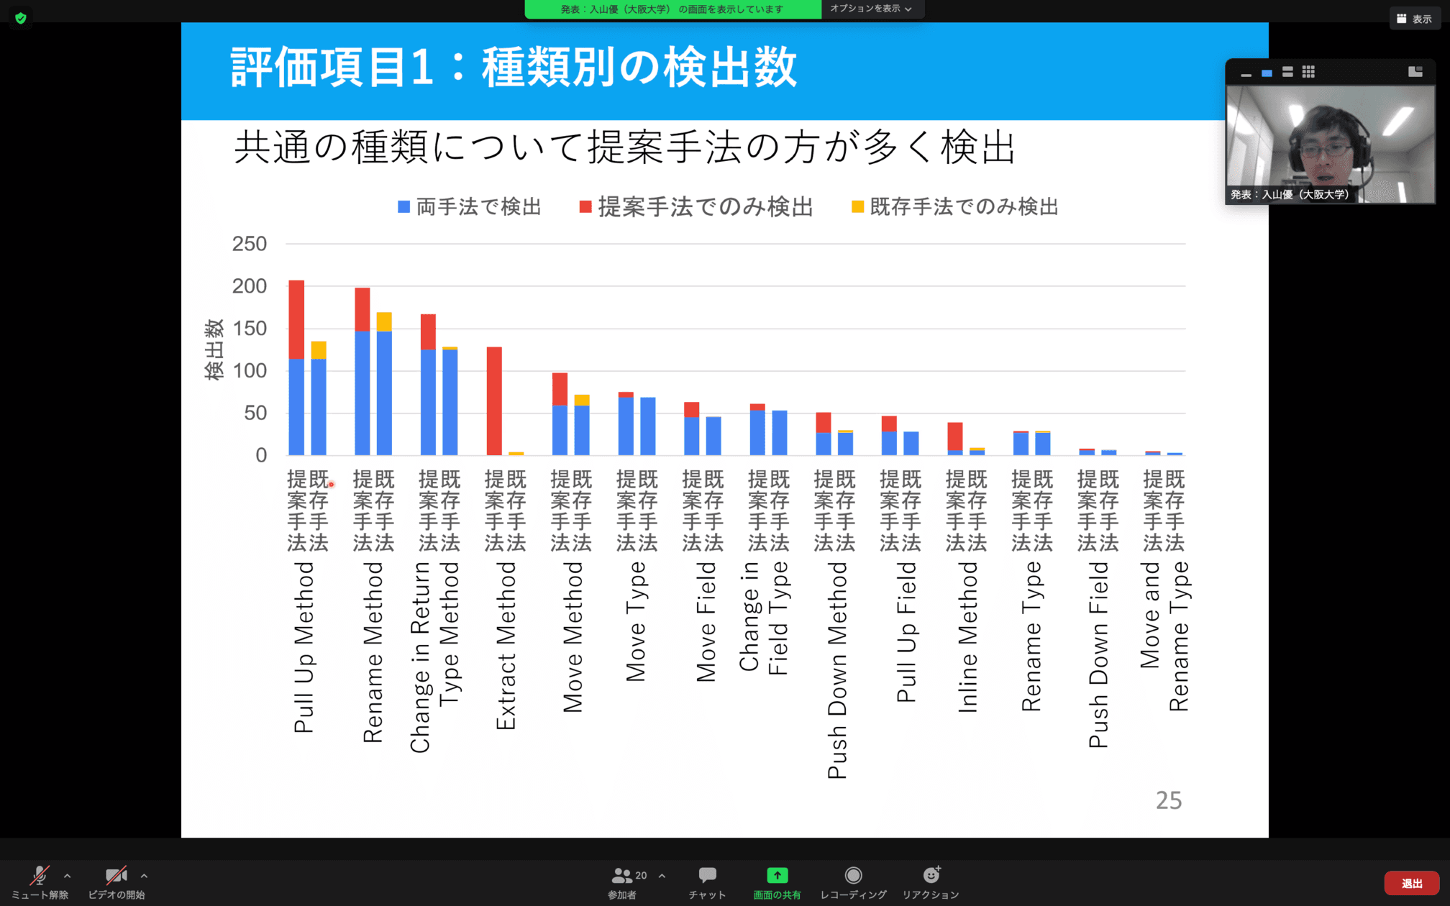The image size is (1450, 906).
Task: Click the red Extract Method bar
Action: coord(494,401)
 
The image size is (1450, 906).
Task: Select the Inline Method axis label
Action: coord(968,637)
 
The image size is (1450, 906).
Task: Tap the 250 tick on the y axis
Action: coord(249,244)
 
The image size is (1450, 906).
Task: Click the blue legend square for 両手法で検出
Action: coord(404,207)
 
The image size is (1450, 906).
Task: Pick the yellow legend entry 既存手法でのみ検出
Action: coord(955,207)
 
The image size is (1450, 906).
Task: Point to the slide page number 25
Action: coord(1168,800)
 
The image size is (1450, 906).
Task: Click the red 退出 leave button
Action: coord(1410,883)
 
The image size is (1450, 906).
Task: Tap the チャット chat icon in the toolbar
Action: coord(707,875)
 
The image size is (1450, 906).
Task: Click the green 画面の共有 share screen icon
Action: coord(777,875)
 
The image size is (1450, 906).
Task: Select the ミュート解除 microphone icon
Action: coord(39,875)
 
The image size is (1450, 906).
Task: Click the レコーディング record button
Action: coord(853,875)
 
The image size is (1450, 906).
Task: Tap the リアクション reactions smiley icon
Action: coord(931,875)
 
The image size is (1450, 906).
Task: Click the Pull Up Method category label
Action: coord(304,647)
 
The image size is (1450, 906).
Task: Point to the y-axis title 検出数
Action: coord(214,349)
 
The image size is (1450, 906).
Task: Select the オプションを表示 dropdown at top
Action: coord(870,9)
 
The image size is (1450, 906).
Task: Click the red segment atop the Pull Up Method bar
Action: coord(296,319)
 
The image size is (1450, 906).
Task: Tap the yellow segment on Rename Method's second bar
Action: coord(384,321)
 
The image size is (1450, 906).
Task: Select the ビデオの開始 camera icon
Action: coord(116,875)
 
